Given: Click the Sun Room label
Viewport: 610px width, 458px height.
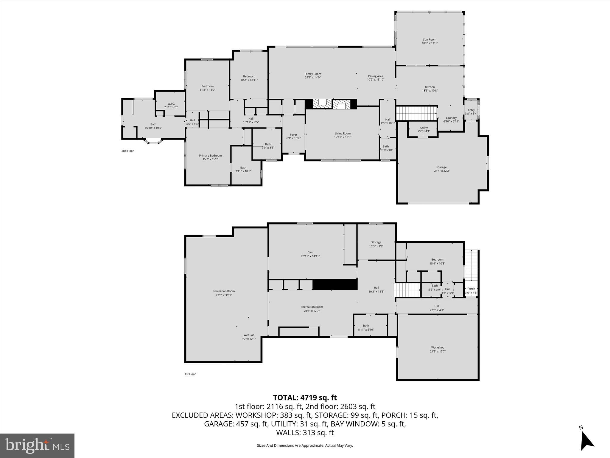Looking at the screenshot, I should click(x=430, y=39).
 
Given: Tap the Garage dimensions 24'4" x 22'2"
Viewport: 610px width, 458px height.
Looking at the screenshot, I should click(x=442, y=171).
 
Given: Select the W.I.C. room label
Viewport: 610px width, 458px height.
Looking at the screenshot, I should click(x=171, y=103).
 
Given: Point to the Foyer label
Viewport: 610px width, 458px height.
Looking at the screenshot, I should click(x=293, y=135).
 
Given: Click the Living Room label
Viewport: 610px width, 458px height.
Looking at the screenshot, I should click(x=343, y=134).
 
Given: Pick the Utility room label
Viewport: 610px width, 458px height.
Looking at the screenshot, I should click(x=424, y=128).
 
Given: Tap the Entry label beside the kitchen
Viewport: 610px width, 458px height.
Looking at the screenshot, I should click(x=471, y=110).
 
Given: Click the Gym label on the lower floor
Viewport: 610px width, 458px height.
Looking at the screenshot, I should click(x=310, y=252).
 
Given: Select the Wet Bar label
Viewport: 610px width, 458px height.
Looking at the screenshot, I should click(x=249, y=335).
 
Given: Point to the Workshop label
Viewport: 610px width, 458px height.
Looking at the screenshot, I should click(x=438, y=347).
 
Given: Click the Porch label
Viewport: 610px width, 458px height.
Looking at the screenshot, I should click(x=471, y=289).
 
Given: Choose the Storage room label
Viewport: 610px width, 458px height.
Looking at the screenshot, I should click(x=376, y=242).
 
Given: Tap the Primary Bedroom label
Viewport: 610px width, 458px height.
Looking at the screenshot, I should click(x=210, y=155).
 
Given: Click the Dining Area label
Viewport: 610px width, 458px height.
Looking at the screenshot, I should click(x=375, y=76).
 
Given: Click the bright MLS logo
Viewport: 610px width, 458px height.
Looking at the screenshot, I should click(x=37, y=445).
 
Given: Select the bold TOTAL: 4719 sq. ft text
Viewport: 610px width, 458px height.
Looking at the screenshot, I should click(x=305, y=397).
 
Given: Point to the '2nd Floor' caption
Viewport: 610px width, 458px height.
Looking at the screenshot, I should click(x=127, y=151).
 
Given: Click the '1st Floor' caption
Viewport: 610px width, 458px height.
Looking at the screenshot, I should click(x=190, y=374).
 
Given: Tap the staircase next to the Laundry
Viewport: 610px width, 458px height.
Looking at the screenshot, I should click(x=416, y=113).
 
